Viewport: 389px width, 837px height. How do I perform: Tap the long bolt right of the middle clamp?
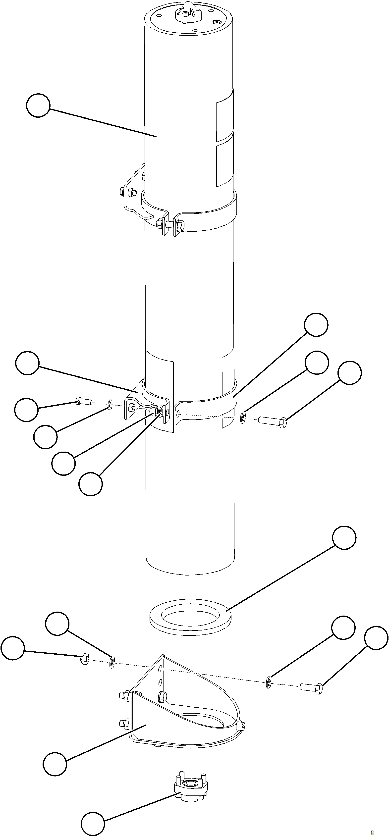tap(272, 422)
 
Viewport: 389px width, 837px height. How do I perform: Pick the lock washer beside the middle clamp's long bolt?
tap(243, 418)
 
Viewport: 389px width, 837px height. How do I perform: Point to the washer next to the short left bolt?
tap(110, 405)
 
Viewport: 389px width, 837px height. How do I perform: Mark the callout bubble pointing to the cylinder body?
tap(38, 105)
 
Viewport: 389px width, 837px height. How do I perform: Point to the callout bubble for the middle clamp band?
tap(316, 325)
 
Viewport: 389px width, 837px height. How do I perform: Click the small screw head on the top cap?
tap(217, 22)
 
